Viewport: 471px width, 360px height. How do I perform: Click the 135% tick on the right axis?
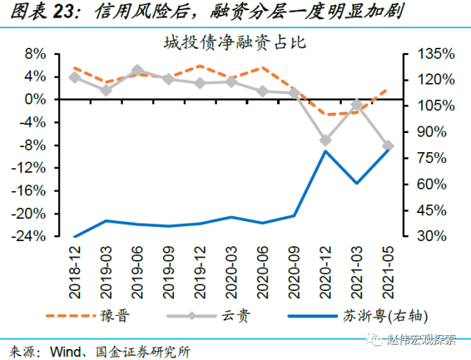tap(421, 54)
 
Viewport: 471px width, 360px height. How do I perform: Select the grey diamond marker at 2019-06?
tap(137, 71)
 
